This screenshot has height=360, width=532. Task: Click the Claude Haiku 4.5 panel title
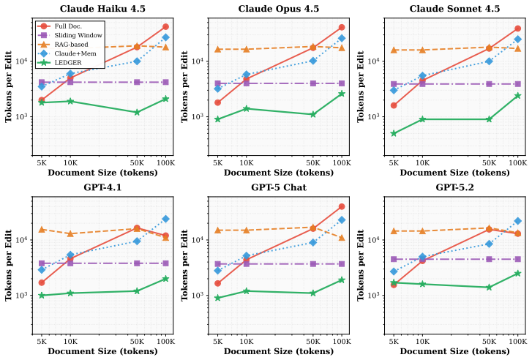point(102,9)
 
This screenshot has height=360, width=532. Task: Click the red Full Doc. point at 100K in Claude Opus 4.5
point(342,28)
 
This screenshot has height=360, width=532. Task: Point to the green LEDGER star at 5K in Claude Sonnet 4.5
point(394,134)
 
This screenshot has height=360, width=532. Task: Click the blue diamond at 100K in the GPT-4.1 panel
point(165,220)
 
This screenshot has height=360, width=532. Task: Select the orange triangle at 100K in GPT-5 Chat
point(342,238)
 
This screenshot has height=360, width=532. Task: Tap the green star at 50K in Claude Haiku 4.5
point(137,112)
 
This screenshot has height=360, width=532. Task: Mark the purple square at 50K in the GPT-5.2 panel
point(490,259)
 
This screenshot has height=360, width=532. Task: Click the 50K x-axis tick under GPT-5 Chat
point(313,341)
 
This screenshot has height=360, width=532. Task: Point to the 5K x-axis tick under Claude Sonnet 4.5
point(394,163)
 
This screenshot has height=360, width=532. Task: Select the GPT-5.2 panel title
point(454,187)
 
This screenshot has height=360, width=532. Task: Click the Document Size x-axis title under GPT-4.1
point(102,351)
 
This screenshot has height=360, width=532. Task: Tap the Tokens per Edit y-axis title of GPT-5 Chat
point(184,266)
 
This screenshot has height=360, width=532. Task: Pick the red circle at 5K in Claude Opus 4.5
point(218,102)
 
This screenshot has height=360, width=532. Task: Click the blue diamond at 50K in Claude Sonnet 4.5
point(490,61)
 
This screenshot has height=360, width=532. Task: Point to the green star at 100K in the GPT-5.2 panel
point(518,274)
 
